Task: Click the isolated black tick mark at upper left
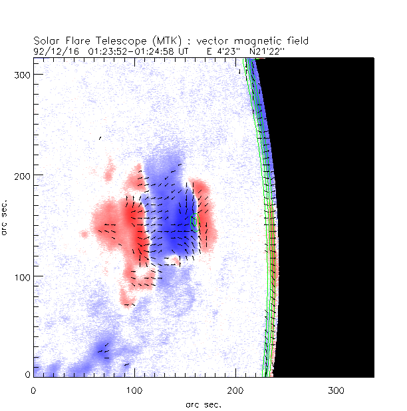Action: [x=100, y=138]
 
